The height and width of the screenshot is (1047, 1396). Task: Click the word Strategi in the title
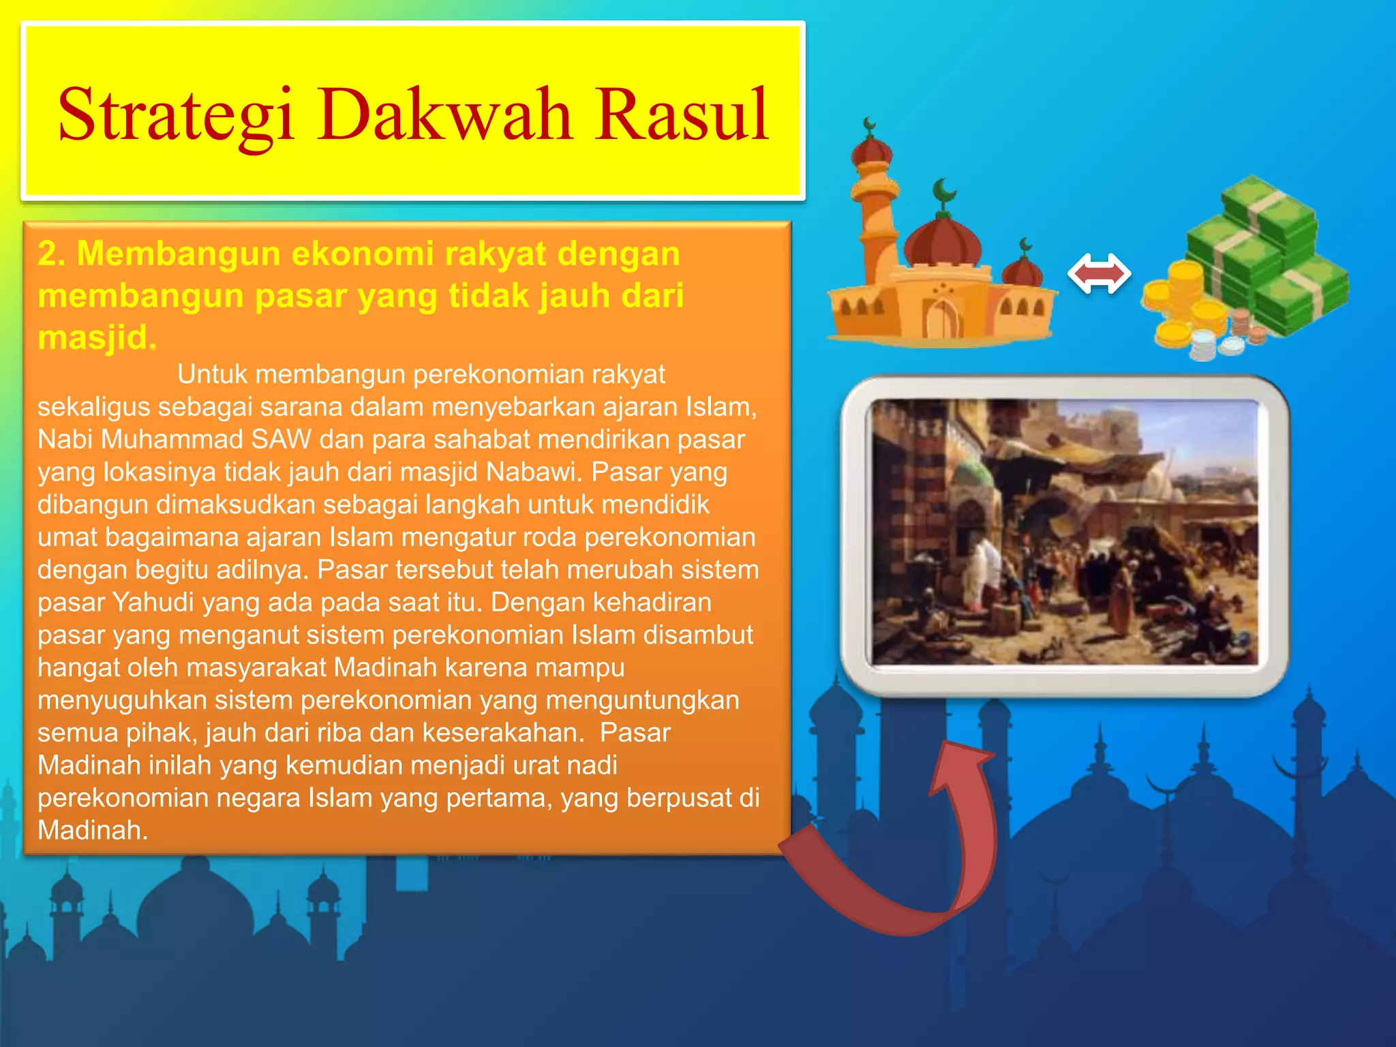click(176, 116)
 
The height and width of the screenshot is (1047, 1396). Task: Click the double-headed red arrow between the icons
click(1099, 274)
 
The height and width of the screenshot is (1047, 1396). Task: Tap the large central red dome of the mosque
click(943, 242)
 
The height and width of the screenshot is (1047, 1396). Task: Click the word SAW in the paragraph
click(281, 440)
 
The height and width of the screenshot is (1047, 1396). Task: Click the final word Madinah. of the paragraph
click(92, 830)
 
